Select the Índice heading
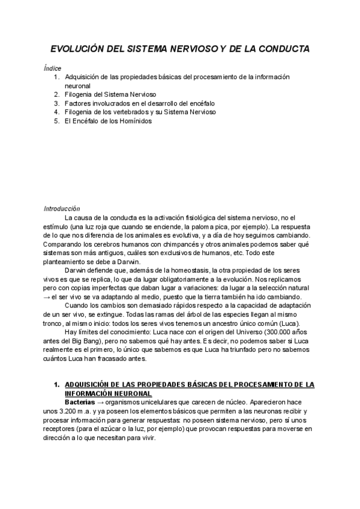click(x=52, y=68)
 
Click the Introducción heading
click(x=62, y=208)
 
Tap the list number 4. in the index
click(x=56, y=112)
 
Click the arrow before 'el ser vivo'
click(x=46, y=298)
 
